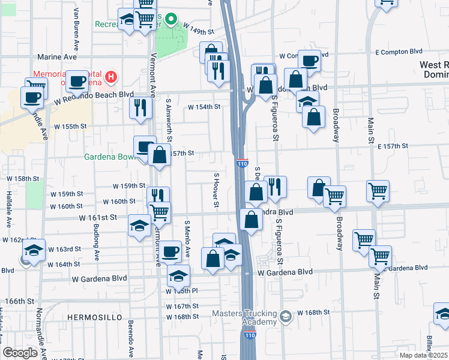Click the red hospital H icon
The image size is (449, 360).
coord(110,77)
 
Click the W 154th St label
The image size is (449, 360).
coord(204,107)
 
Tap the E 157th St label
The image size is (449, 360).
coord(393,146)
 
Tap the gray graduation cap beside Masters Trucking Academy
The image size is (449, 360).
coord(287,315)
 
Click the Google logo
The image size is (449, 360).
coord(20,353)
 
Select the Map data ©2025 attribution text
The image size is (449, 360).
coord(422,355)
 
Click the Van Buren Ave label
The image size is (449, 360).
coord(76,37)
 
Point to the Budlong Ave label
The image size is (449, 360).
coord(95,239)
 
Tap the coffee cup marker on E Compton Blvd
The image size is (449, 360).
coord(310,61)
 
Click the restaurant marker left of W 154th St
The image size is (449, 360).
coord(141,108)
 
